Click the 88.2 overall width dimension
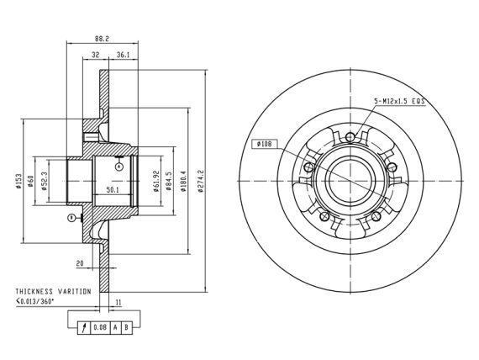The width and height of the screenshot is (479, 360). tap(102, 39)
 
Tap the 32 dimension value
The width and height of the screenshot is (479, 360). tap(96, 55)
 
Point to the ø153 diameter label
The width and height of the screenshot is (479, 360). tap(19, 182)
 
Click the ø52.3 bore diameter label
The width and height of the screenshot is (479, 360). tap(44, 181)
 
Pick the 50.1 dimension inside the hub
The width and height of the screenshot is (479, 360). tap(113, 190)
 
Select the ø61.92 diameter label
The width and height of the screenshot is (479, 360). tap(156, 181)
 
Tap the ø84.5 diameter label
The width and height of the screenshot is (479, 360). tap(168, 181)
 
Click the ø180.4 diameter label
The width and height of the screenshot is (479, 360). tap(183, 181)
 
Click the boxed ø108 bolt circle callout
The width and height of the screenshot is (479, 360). tap(264, 144)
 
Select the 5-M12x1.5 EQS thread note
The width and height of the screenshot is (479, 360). tap(399, 101)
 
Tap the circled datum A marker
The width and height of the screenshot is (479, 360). tap(119, 167)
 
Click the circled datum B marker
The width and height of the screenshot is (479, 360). tap(71, 218)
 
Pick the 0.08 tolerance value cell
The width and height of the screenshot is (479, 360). tap(100, 327)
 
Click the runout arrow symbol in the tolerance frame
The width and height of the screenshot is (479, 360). tap(84, 327)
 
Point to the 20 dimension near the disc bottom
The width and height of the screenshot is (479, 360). tap(80, 263)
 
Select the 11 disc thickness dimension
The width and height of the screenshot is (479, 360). tap(118, 303)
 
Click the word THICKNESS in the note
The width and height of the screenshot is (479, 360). tap(34, 292)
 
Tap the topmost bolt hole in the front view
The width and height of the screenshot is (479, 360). tap(350, 137)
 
